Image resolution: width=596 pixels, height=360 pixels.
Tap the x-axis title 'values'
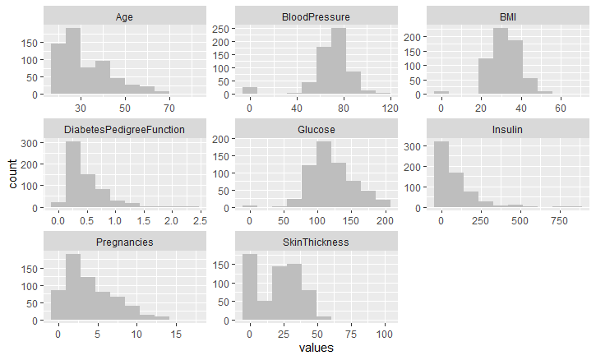tap(316, 348)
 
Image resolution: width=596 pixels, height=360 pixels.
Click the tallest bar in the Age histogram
tap(73, 62)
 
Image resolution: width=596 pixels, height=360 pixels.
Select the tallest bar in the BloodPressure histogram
tap(339, 62)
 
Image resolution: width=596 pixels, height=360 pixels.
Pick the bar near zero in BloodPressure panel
tap(249, 90)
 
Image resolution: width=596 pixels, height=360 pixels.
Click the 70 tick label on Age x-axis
tap(169, 108)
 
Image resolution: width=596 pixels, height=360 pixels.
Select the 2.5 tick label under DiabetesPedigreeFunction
tap(198, 220)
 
